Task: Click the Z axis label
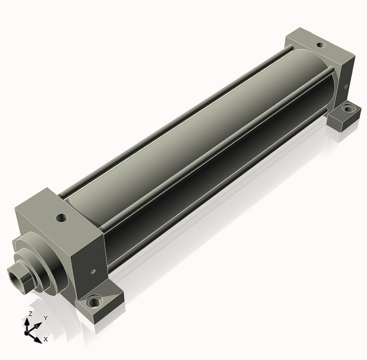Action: click(30, 313)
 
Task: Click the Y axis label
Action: click(46, 318)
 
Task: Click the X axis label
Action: click(46, 339)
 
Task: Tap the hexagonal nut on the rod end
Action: click(21, 278)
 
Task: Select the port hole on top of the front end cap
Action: click(62, 218)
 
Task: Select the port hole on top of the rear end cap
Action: click(321, 45)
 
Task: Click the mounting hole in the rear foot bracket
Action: click(348, 109)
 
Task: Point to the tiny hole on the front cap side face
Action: click(94, 271)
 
